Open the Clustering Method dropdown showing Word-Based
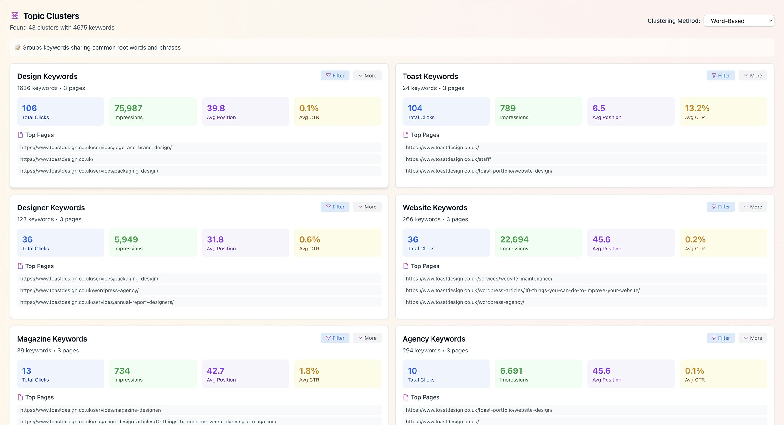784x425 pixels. [739, 21]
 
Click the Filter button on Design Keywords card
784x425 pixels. [335, 76]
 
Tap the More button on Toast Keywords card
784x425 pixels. [753, 76]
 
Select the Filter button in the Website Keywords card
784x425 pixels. [720, 207]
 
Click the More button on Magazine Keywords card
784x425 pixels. [367, 338]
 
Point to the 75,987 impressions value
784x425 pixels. [128, 108]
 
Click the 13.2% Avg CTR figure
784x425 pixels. [697, 108]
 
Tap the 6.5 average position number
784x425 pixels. [599, 108]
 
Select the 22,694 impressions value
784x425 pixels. [514, 239]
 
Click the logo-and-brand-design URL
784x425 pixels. [96, 148]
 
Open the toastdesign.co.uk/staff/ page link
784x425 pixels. [448, 159]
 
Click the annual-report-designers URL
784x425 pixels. [97, 302]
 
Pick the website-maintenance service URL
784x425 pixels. [479, 279]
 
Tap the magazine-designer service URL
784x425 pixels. [91, 410]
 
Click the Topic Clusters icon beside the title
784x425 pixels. [15, 15]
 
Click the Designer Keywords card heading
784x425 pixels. [51, 208]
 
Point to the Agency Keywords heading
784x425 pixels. [434, 339]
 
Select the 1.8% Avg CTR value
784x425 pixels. [309, 371]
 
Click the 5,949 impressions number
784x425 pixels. [126, 239]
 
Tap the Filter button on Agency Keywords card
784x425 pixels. [720, 338]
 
